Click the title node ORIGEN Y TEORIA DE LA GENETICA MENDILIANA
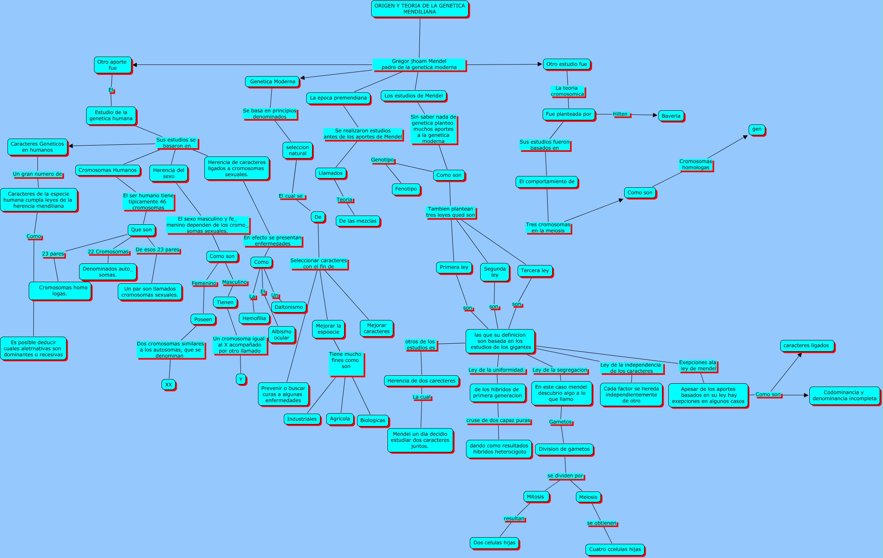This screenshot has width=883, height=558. coord(419,9)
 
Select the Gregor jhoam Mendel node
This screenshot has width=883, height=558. coord(419,64)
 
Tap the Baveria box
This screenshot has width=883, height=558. coord(671,116)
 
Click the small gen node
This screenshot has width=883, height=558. coord(757,129)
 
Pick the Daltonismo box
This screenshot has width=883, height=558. coord(288,307)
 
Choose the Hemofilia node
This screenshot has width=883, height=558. coord(254,318)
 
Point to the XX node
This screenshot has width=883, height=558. coord(169,384)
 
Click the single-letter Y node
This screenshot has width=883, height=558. coord(241,379)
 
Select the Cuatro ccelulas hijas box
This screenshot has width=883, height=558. coord(615,549)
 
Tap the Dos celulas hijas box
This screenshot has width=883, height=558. coord(494,543)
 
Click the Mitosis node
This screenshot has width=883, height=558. coord(535,497)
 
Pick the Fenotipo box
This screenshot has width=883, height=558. coord(406,189)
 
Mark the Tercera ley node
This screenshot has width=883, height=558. coord(535,270)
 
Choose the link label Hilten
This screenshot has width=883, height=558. coord(620,114)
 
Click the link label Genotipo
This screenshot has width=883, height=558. coord(382,160)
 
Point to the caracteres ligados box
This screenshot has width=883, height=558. coord(806,345)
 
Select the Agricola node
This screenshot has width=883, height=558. coord(340,419)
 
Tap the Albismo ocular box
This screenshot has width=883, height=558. coord(281,335)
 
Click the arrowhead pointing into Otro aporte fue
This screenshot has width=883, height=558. coord(135,65)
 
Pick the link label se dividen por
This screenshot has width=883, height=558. coord(565,476)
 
